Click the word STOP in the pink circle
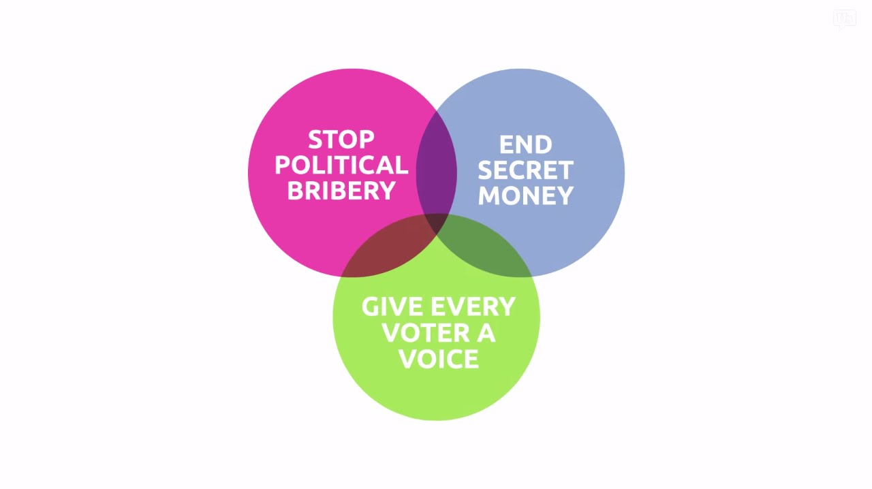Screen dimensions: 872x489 [341, 140]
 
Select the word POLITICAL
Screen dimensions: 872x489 [341, 165]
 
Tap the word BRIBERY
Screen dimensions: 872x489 [341, 191]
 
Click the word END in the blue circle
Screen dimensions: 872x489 [525, 144]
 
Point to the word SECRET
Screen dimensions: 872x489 [525, 170]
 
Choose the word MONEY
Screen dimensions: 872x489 [525, 195]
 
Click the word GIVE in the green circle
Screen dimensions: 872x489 [392, 306]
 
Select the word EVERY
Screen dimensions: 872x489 [473, 306]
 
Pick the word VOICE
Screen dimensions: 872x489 [439, 358]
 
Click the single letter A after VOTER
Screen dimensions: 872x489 [486, 332]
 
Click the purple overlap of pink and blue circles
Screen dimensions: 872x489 [437, 168]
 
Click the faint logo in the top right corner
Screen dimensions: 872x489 [844, 19]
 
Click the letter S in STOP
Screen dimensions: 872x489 [315, 140]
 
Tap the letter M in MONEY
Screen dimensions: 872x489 [489, 195]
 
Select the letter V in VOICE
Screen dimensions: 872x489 [408, 358]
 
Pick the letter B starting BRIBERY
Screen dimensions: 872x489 [295, 191]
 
